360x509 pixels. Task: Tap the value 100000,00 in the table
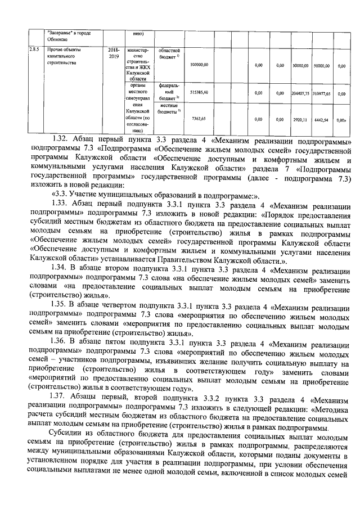(x=199, y=65)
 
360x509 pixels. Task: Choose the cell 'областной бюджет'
(x=169, y=54)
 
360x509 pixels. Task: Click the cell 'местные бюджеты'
(x=169, y=109)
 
